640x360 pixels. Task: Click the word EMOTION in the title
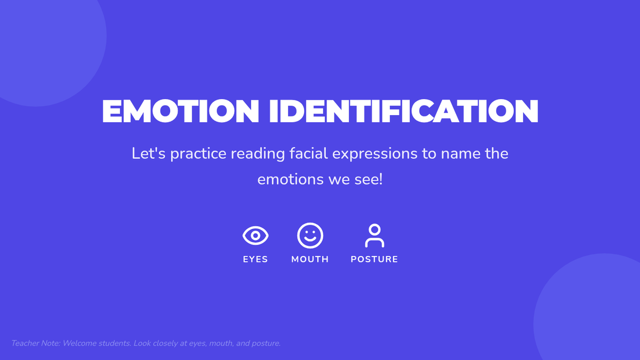pyautogui.click(x=180, y=111)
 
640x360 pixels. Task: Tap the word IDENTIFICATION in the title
pyautogui.click(x=404, y=111)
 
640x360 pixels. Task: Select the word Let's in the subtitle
pyautogui.click(x=149, y=154)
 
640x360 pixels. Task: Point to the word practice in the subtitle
pyautogui.click(x=198, y=154)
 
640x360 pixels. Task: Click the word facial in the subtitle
pyautogui.click(x=309, y=154)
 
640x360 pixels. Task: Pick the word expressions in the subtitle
pyautogui.click(x=375, y=154)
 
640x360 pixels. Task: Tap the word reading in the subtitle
pyautogui.click(x=258, y=154)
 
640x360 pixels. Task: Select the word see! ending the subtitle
pyautogui.click(x=369, y=179)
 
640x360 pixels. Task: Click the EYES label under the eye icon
pyautogui.click(x=255, y=259)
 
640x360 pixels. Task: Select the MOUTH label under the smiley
pyautogui.click(x=310, y=259)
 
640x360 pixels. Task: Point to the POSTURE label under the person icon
pyautogui.click(x=374, y=259)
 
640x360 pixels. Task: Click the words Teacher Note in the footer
pyautogui.click(x=35, y=343)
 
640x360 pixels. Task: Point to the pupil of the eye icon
pyautogui.click(x=255, y=236)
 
